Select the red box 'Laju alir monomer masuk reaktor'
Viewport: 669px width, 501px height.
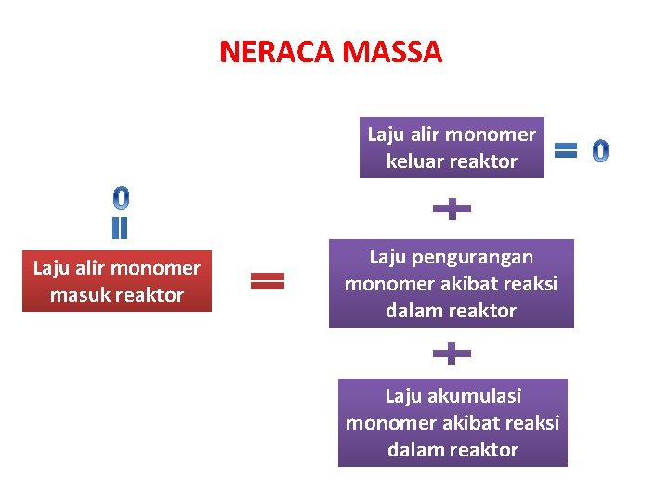tap(117, 281)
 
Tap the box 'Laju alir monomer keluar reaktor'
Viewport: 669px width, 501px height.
tap(452, 148)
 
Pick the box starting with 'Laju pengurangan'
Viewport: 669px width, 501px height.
tap(452, 283)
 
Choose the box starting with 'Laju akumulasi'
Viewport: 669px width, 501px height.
tap(453, 422)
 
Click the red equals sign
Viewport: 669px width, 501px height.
tap(268, 281)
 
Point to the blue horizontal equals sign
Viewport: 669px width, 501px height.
tap(566, 149)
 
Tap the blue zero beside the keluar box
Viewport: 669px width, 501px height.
tap(601, 149)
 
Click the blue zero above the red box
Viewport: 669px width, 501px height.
tap(121, 198)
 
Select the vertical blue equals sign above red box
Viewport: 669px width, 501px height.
tap(120, 228)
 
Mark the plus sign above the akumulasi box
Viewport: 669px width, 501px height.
tap(452, 353)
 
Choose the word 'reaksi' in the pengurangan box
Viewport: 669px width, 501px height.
tap(530, 284)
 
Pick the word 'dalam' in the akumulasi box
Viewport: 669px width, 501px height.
tap(415, 450)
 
